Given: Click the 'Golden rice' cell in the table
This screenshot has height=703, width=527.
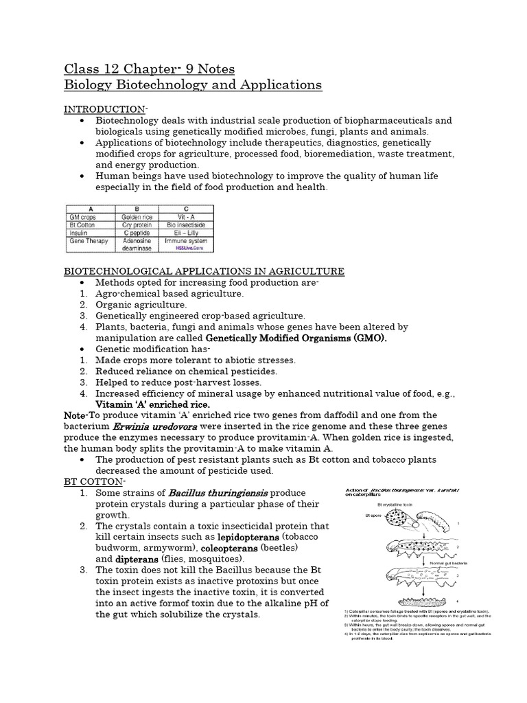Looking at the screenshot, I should [141, 216].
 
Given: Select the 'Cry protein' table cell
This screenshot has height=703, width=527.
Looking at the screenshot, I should [141, 224].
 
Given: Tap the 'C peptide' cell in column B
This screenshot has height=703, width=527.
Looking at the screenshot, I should [141, 233].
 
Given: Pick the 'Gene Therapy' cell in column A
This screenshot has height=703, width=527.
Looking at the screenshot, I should [90, 242].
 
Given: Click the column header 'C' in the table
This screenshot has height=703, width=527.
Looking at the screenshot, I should [185, 208].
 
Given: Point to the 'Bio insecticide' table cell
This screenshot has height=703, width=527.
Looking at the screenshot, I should [185, 224].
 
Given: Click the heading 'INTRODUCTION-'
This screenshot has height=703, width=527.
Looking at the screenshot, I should [106, 110].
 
